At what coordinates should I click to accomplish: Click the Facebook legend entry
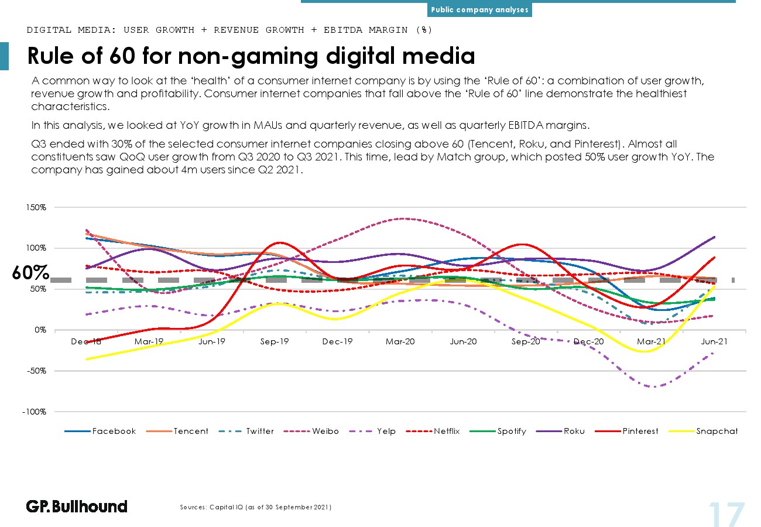100,431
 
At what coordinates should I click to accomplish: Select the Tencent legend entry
177,431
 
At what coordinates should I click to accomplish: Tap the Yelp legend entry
372,431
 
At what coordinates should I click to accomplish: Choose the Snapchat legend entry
703,431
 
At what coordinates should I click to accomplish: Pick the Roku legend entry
560,431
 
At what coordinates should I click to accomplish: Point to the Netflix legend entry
433,431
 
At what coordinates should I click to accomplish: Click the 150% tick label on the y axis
36,207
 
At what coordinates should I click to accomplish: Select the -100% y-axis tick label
35,412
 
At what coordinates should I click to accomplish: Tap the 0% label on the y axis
40,330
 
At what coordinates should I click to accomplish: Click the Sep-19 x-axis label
275,341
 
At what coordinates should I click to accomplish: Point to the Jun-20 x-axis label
464,341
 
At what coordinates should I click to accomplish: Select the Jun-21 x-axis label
714,341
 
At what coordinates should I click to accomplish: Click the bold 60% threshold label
30,272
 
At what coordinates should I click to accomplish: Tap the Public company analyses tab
479,10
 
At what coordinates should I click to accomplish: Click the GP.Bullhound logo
77,507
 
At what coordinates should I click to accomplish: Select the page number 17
727,515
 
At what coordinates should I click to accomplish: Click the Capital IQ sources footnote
255,507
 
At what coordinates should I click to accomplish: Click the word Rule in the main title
50,56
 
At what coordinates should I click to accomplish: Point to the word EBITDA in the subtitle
343,30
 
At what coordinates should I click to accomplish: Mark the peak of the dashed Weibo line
403,218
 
